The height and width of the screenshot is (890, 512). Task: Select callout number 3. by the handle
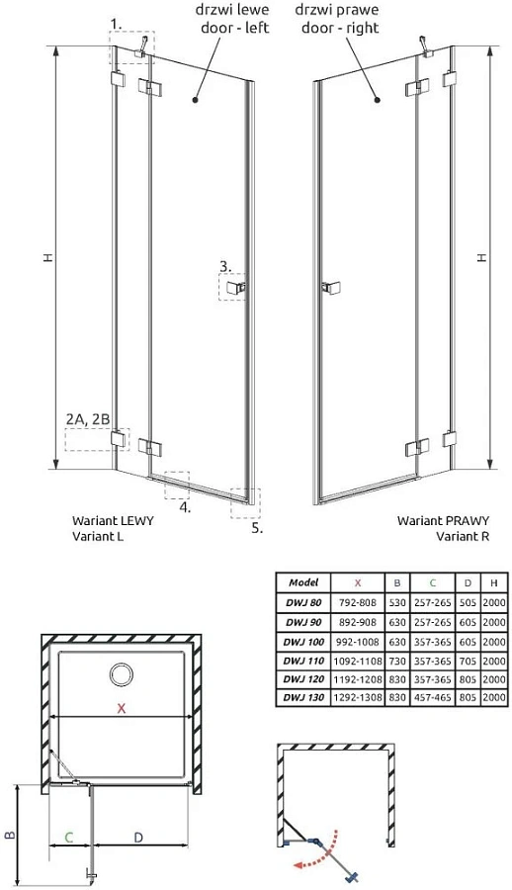click(225, 265)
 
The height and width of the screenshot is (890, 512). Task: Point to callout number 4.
click(186, 508)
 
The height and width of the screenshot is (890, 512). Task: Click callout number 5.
click(257, 528)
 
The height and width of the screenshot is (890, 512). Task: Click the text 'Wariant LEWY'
click(108, 520)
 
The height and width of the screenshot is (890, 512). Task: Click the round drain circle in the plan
click(123, 676)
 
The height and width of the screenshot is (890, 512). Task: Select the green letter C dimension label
click(68, 838)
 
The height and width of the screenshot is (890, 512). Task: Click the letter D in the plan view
click(139, 838)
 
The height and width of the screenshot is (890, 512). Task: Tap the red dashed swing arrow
click(316, 858)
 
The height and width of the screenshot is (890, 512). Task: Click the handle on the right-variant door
click(326, 288)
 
